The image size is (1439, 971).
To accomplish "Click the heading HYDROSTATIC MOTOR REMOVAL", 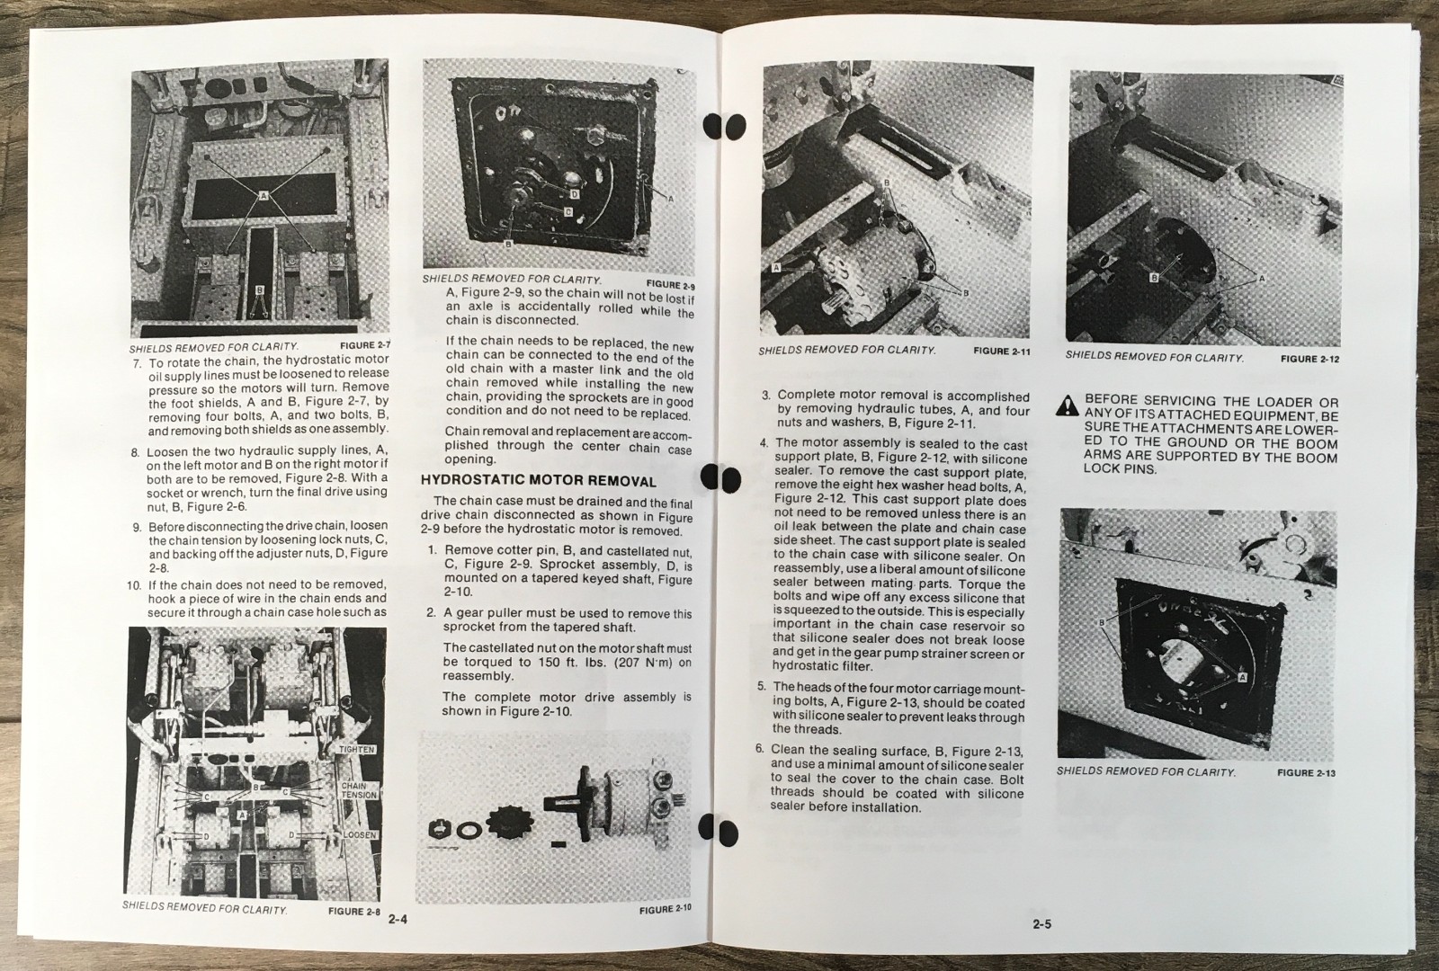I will (x=539, y=481).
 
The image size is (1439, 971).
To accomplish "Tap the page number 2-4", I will (x=398, y=920).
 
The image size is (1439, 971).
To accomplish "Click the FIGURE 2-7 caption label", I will (x=367, y=344).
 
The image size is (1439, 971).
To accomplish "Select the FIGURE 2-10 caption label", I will (x=666, y=909).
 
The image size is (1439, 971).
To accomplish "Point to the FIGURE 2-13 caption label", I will (x=1306, y=772).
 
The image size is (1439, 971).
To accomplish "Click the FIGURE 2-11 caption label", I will (x=1001, y=352).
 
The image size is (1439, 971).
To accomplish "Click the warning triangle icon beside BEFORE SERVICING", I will (x=1068, y=405).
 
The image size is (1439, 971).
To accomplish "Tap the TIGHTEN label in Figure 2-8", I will (x=358, y=749).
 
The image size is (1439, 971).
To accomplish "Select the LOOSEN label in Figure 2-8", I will (x=360, y=835).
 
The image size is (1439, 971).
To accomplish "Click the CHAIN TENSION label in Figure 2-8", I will (x=358, y=790).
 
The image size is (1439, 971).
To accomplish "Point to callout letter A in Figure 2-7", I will (x=263, y=194).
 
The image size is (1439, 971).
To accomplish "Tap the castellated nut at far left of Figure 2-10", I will (x=442, y=827).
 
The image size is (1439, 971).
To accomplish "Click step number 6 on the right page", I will (x=760, y=750).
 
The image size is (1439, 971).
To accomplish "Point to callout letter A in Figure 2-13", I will (x=1242, y=676).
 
